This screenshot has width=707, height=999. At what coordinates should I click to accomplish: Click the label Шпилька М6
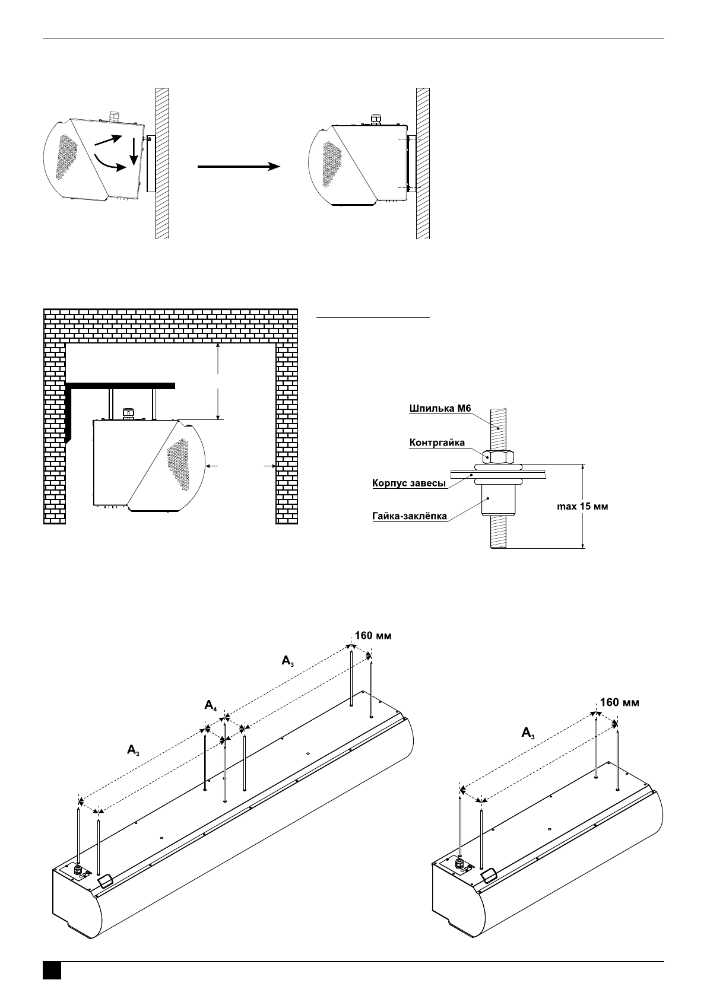[440, 408]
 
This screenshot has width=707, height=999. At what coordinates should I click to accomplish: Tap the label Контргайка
[437, 443]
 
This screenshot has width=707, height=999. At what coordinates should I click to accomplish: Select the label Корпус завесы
[409, 483]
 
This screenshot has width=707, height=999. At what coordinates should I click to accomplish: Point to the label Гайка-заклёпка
[409, 516]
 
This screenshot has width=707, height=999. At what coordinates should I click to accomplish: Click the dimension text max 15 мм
[582, 507]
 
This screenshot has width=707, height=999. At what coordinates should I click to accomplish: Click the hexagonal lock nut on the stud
[498, 457]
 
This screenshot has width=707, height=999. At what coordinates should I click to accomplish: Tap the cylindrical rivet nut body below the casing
[498, 499]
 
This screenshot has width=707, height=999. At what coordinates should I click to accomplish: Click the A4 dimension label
[211, 705]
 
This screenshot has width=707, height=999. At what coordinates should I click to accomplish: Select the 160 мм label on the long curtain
[373, 635]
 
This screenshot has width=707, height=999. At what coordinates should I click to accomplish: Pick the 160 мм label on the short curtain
[620, 702]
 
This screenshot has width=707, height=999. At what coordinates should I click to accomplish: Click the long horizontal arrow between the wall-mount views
[239, 166]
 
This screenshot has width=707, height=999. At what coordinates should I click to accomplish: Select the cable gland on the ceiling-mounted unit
[129, 412]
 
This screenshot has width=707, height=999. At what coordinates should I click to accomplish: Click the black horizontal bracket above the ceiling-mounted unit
[120, 386]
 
